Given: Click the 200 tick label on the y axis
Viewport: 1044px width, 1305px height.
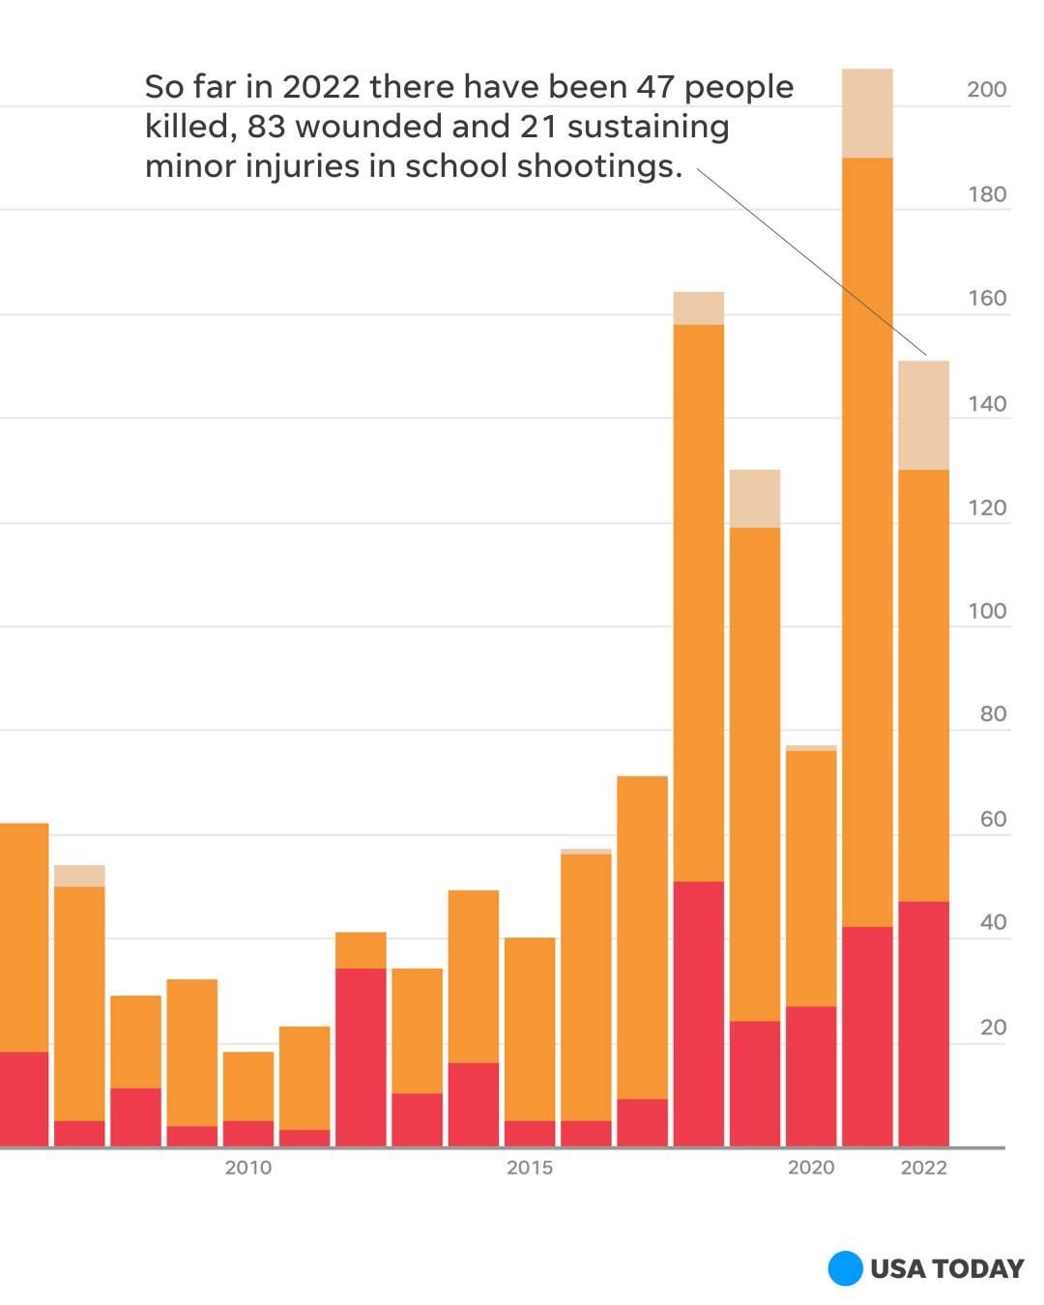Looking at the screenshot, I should click(986, 90).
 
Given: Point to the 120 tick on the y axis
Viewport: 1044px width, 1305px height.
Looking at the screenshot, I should click(986, 508).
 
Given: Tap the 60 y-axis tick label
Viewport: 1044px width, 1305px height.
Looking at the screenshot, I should click(993, 820).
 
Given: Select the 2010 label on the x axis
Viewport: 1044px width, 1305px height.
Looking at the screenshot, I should click(248, 1168).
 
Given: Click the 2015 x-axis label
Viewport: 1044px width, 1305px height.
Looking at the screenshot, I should click(530, 1168).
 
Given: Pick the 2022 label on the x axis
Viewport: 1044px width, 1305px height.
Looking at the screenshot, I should click(923, 1168).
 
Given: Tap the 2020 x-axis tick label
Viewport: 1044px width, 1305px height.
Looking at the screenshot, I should click(810, 1168).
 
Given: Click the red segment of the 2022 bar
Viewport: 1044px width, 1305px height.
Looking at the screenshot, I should click(923, 1025).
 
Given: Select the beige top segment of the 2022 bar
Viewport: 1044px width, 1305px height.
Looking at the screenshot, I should click(923, 416).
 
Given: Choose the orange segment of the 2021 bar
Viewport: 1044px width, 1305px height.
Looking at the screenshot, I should click(867, 541).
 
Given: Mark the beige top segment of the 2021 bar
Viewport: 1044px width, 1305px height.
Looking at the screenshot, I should click(867, 113).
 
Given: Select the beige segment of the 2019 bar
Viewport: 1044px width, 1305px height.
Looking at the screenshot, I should click(754, 499).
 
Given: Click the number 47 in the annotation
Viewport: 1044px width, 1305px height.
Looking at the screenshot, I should click(654, 87).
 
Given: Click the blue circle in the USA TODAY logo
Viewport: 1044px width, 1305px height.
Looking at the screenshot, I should click(845, 1268).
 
